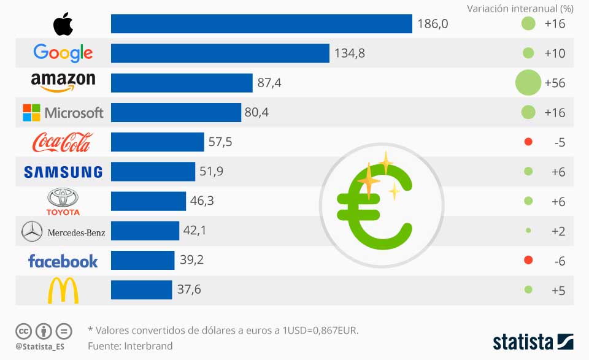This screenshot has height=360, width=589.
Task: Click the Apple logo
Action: click(63, 24)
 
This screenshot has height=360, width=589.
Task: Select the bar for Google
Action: click(220, 53)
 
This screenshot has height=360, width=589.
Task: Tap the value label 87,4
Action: click(269, 83)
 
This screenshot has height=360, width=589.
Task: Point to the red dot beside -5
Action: click(528, 142)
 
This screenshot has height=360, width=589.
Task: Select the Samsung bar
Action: click(153, 172)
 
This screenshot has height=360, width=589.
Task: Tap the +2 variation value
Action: click(558, 231)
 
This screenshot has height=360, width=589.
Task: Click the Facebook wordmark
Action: click(63, 261)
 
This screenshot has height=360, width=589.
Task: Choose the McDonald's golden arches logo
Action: click(63, 291)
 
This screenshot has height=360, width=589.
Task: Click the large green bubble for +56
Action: click(528, 83)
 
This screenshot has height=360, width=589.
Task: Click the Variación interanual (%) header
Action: click(520, 9)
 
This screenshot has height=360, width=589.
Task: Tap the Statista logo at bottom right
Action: click(533, 342)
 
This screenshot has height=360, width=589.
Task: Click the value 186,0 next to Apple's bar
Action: click(433, 24)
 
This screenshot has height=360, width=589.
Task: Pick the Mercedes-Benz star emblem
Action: click(31, 232)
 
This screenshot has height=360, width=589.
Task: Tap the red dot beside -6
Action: click(528, 261)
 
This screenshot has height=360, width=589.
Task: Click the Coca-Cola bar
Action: click(157, 142)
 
